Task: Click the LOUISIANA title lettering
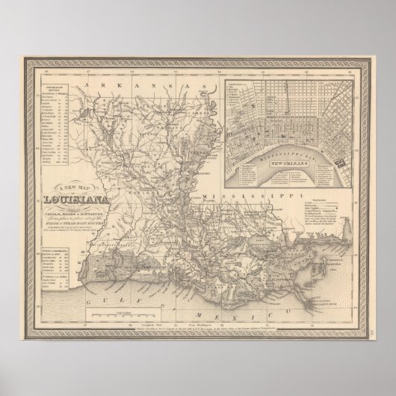pyautogui.click(x=75, y=199)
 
